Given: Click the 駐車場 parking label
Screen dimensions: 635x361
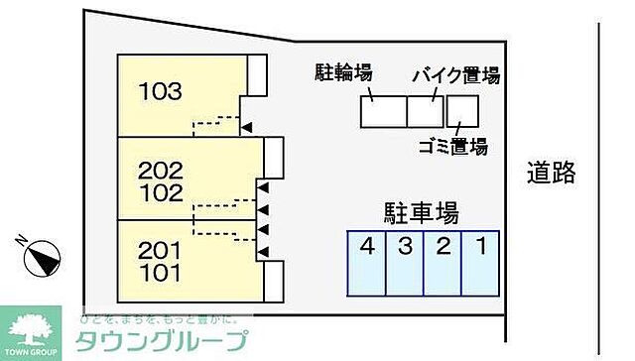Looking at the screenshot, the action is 421,212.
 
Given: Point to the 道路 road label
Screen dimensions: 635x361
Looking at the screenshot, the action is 552,174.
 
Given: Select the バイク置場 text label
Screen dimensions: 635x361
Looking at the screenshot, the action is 455,75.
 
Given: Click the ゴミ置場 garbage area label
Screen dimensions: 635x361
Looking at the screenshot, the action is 451,148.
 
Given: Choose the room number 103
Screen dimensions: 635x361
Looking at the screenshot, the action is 160,93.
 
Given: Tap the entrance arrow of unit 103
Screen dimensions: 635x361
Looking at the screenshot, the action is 247,125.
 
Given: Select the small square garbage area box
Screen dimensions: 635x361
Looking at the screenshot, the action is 462,110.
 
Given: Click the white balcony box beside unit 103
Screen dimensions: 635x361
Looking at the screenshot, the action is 257,73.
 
